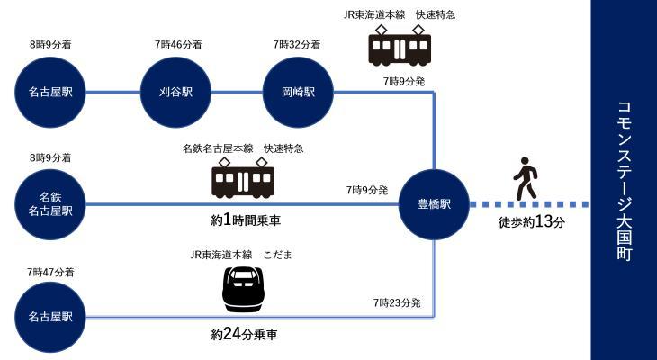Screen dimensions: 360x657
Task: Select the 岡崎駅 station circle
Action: [298, 92]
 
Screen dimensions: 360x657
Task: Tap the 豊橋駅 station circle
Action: [434, 204]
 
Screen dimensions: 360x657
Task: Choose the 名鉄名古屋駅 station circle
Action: [50, 204]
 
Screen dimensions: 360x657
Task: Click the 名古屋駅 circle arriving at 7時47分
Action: [50, 317]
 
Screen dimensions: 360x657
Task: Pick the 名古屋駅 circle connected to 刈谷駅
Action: [50, 92]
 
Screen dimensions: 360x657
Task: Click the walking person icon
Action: [525, 179]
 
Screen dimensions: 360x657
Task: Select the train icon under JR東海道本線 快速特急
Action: [400, 46]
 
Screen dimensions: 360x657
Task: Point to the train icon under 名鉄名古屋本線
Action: [243, 179]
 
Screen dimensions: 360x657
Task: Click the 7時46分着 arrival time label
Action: [177, 43]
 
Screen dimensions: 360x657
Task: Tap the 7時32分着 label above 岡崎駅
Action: [298, 43]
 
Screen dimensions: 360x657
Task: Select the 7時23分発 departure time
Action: [397, 302]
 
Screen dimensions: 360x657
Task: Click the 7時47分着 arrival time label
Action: [50, 270]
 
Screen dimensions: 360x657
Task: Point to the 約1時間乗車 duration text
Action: [245, 220]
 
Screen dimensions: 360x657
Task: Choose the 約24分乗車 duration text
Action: [245, 335]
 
